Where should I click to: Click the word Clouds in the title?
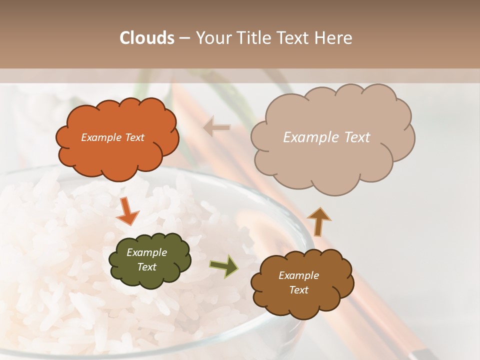(147, 38)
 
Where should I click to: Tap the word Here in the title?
(334, 38)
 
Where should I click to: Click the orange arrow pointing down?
(127, 211)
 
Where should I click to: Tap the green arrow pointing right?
(224, 266)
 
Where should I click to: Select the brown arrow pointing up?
(318, 221)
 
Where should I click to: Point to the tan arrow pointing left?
(217, 127)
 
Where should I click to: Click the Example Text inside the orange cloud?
(112, 137)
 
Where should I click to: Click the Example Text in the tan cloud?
(326, 137)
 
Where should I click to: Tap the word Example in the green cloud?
(146, 252)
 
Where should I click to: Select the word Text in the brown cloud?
(298, 290)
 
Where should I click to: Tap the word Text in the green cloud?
(146, 267)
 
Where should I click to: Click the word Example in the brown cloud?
(298, 275)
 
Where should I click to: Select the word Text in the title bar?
(295, 38)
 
